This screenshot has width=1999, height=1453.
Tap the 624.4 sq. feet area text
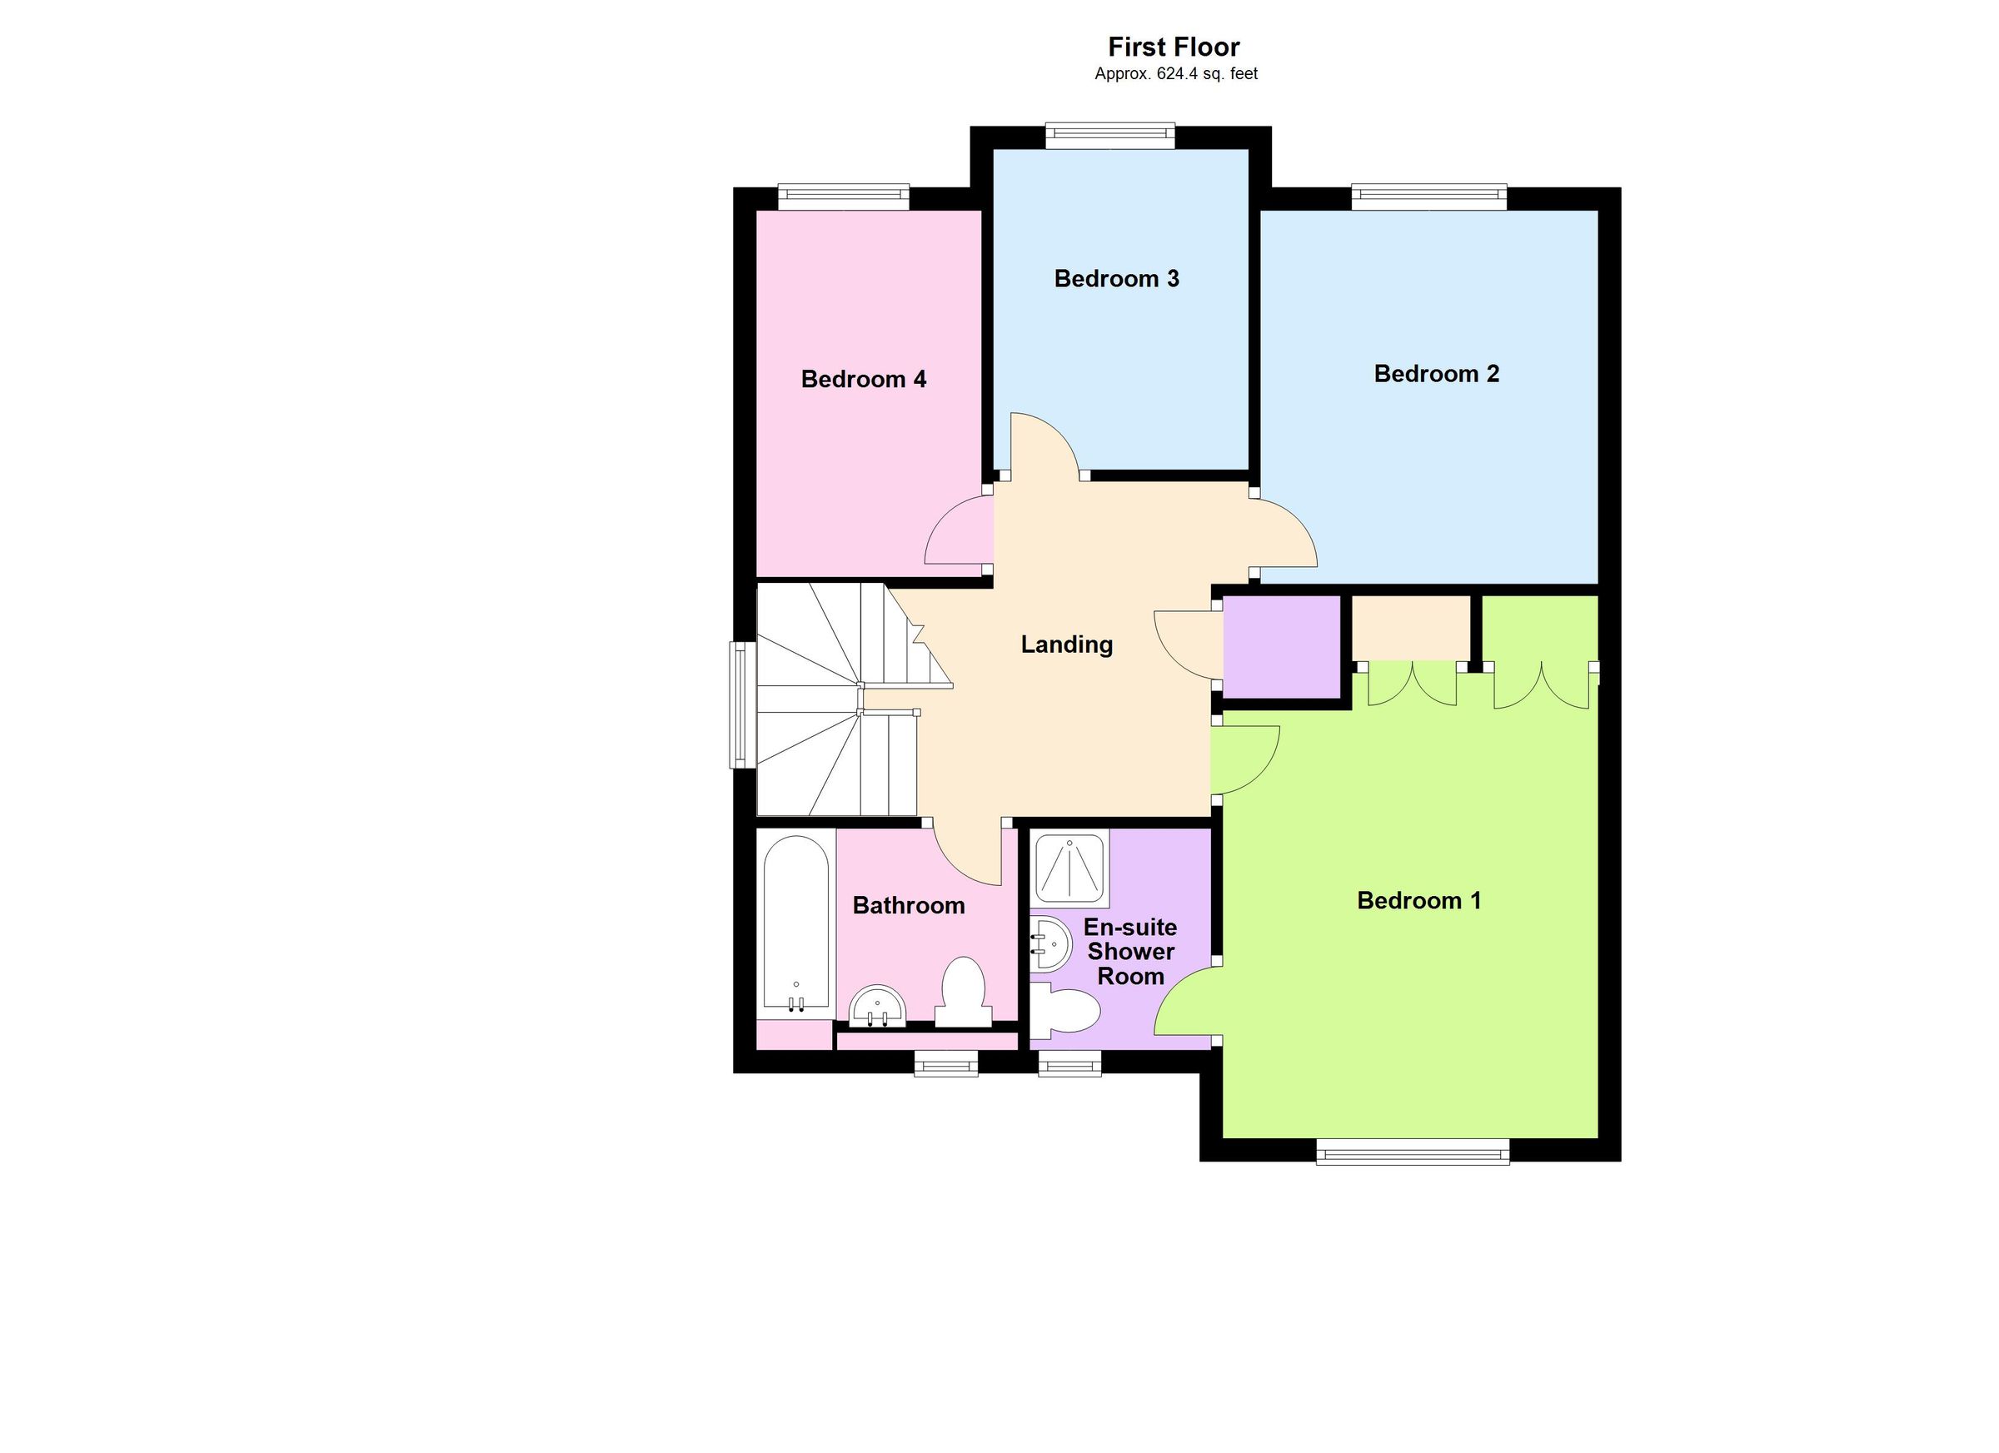click(x=1176, y=74)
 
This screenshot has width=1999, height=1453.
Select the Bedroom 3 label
click(x=1116, y=278)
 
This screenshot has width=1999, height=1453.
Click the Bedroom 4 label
click(x=863, y=379)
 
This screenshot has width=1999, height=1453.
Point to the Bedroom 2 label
click(x=1436, y=374)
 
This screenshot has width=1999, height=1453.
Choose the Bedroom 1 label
click(x=1418, y=900)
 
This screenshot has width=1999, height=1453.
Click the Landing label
click(x=1066, y=644)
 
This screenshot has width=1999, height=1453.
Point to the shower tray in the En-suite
click(x=1070, y=868)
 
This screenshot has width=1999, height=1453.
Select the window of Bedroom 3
click(x=1109, y=135)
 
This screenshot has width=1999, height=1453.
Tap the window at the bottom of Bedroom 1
click(x=1412, y=1151)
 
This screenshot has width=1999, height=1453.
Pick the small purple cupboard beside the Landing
click(x=1282, y=648)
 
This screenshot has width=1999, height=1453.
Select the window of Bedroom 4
click(x=843, y=196)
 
